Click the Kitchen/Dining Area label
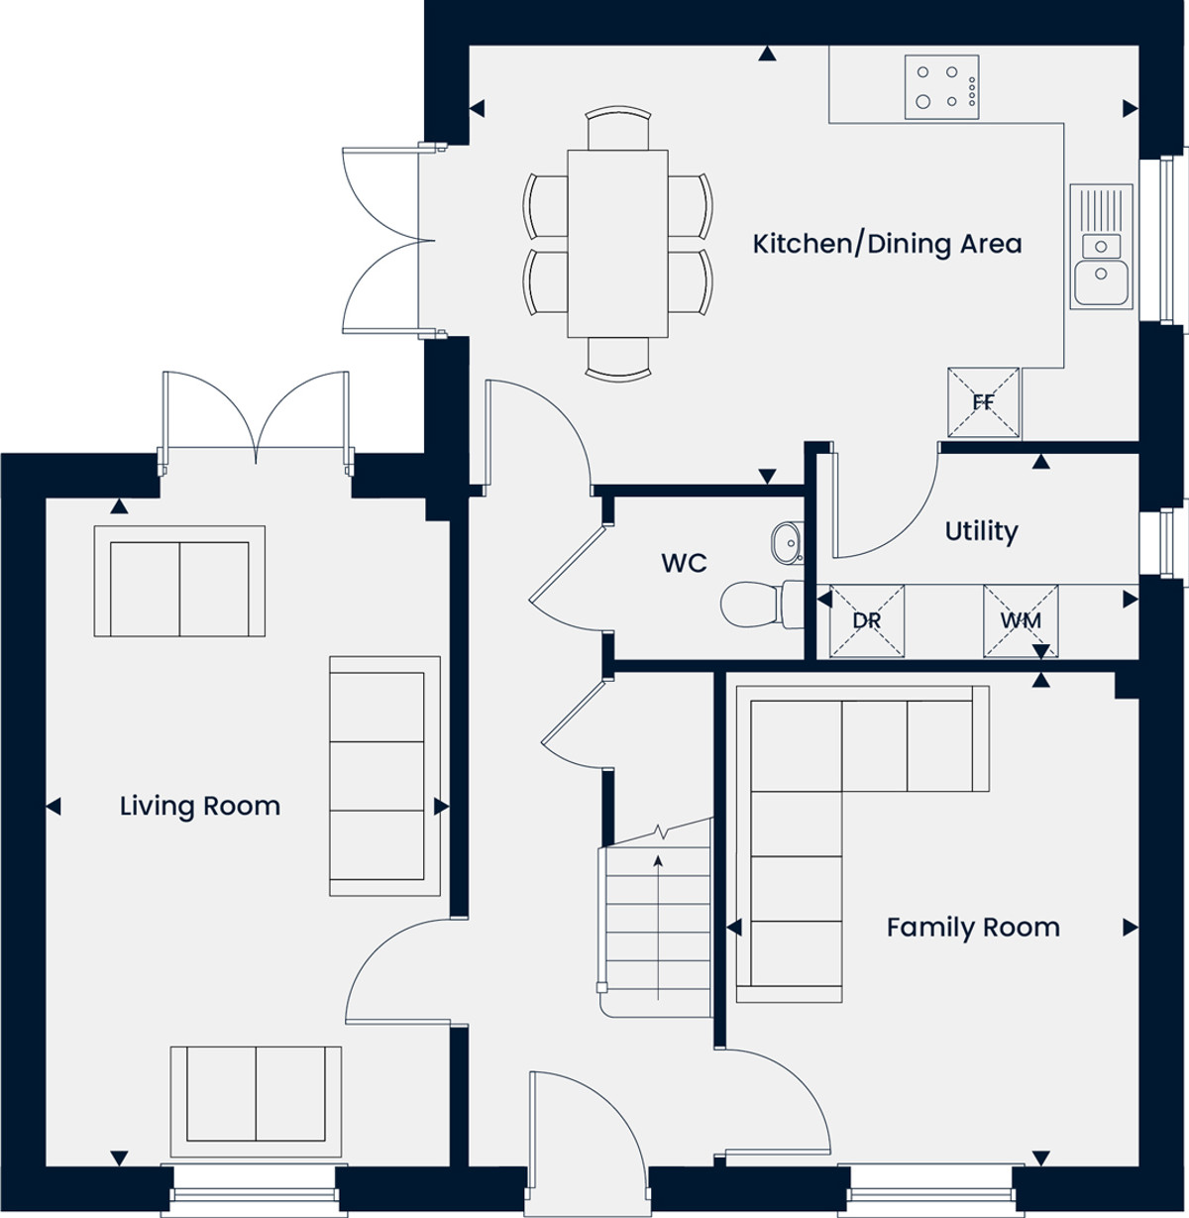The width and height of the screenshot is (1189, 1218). (887, 244)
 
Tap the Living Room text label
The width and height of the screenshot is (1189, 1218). (199, 806)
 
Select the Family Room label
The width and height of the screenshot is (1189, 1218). (973, 927)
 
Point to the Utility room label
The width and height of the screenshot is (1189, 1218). (981, 531)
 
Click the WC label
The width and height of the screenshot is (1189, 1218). (684, 563)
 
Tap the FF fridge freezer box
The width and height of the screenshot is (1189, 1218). (983, 401)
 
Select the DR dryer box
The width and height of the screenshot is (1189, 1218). (867, 620)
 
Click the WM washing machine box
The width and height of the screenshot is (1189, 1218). (1021, 620)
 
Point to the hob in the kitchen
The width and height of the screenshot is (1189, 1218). (942, 87)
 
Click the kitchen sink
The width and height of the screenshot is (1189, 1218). (1102, 247)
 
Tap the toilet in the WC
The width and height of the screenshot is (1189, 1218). (762, 605)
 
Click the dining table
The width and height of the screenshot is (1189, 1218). (617, 244)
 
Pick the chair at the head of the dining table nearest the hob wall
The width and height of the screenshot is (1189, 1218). (617, 128)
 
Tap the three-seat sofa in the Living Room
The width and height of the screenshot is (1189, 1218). (384, 775)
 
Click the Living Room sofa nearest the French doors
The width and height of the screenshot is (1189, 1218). (179, 582)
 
